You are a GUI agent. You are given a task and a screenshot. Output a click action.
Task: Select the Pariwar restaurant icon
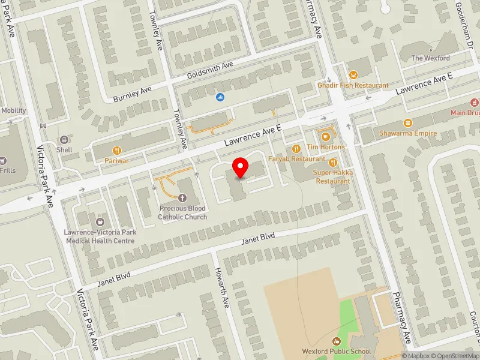point(118,150)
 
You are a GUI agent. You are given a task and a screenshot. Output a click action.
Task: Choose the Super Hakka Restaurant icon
point(333,161)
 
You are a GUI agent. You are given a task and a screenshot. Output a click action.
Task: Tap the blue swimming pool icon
point(221,97)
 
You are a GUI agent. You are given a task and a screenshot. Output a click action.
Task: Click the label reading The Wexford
point(430,58)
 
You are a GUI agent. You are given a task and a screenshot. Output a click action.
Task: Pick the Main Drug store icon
point(474,101)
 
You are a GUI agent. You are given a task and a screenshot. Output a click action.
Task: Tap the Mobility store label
point(13,110)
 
